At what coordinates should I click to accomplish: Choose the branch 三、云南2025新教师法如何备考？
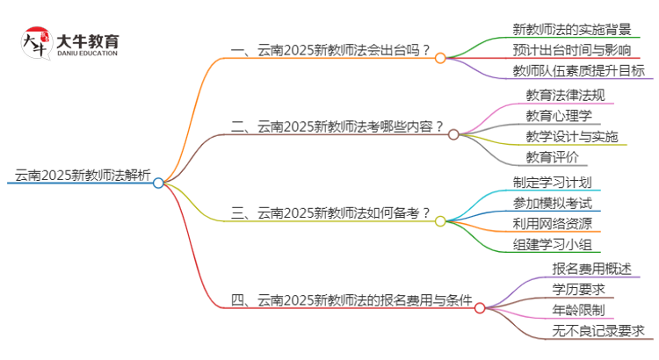coord(329,212)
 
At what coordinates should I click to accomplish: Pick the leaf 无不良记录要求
coord(597,331)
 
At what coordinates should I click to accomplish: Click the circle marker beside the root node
coord(158,183)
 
